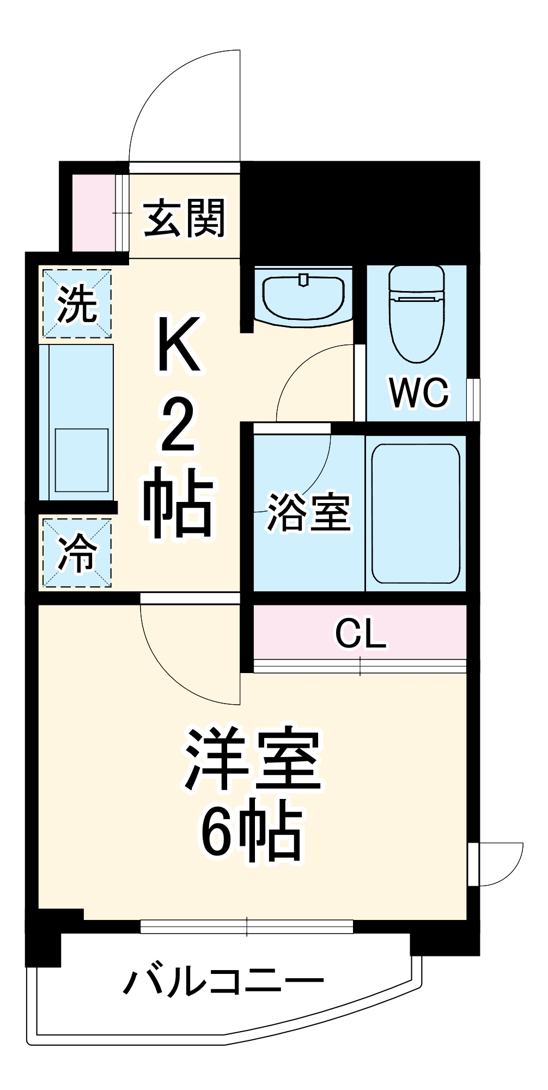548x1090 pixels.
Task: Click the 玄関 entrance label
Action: coord(184,219)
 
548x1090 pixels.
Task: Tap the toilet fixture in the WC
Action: coord(417,313)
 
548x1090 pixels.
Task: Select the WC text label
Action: coord(419,392)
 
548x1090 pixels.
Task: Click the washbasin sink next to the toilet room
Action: coord(303,294)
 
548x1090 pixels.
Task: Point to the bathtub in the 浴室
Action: coord(416,513)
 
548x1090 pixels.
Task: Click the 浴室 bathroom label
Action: coord(308,512)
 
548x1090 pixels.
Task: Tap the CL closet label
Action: coord(361,633)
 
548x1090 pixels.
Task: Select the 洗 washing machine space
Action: coord(77,304)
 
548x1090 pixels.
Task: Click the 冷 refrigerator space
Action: coord(77,553)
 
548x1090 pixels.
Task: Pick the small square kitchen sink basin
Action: coord(82,460)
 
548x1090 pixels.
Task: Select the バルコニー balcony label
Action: coord(223,982)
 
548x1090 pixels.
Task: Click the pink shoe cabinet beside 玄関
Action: coord(93,213)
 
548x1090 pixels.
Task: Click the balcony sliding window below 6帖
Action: coord(247,926)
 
